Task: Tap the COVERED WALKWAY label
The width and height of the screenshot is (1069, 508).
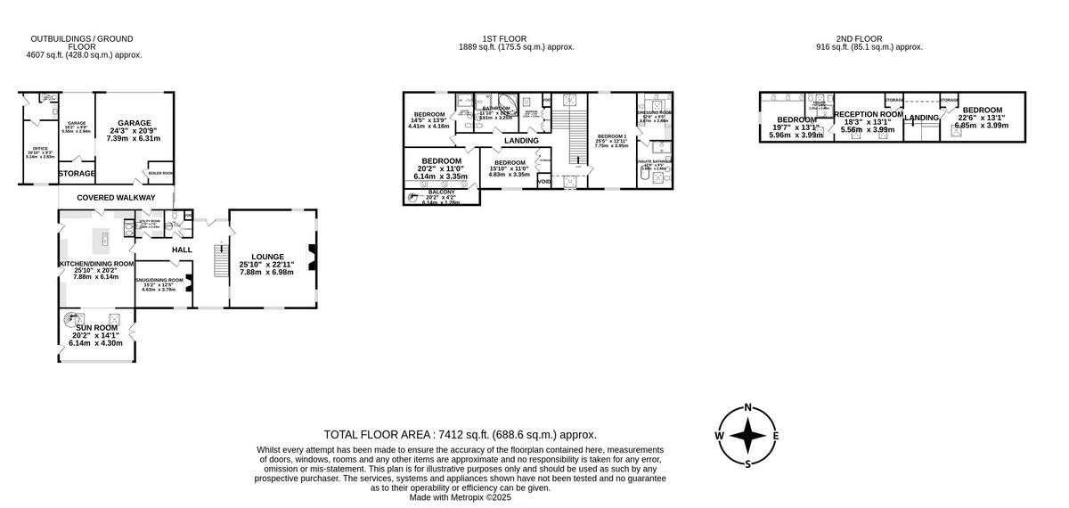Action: click(116, 198)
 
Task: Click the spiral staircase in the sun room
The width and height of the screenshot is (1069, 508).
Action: click(69, 318)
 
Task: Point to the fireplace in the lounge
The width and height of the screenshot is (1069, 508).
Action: click(312, 256)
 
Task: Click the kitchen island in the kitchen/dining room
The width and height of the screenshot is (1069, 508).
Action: click(104, 238)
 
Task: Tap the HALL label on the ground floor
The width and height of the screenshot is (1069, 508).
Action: click(182, 250)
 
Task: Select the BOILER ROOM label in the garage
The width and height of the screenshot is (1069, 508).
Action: click(160, 173)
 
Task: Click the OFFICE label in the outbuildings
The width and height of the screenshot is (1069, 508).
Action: click(41, 147)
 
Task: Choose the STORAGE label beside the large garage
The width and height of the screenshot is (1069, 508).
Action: click(77, 173)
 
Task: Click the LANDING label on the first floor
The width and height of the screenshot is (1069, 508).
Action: click(521, 141)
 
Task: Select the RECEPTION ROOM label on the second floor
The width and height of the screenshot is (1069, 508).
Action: click(868, 115)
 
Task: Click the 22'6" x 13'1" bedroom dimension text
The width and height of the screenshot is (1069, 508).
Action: click(981, 118)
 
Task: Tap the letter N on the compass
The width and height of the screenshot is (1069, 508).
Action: click(748, 408)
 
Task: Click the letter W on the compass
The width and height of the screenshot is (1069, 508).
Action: click(719, 436)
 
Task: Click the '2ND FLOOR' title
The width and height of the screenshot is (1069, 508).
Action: click(858, 38)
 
